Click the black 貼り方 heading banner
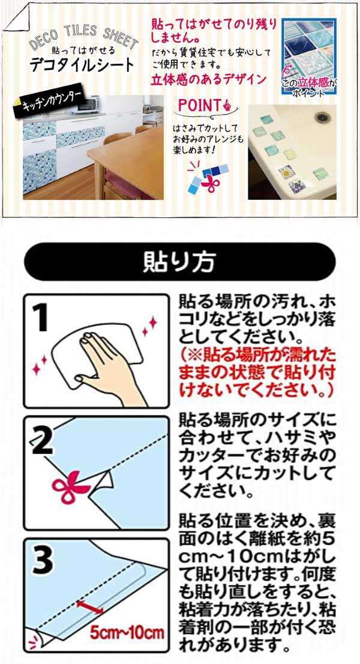click(180, 262)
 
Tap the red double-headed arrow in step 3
click(91, 606)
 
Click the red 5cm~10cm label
click(127, 633)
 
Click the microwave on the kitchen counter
click(88, 104)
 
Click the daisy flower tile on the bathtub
click(286, 172)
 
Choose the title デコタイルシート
click(82, 65)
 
